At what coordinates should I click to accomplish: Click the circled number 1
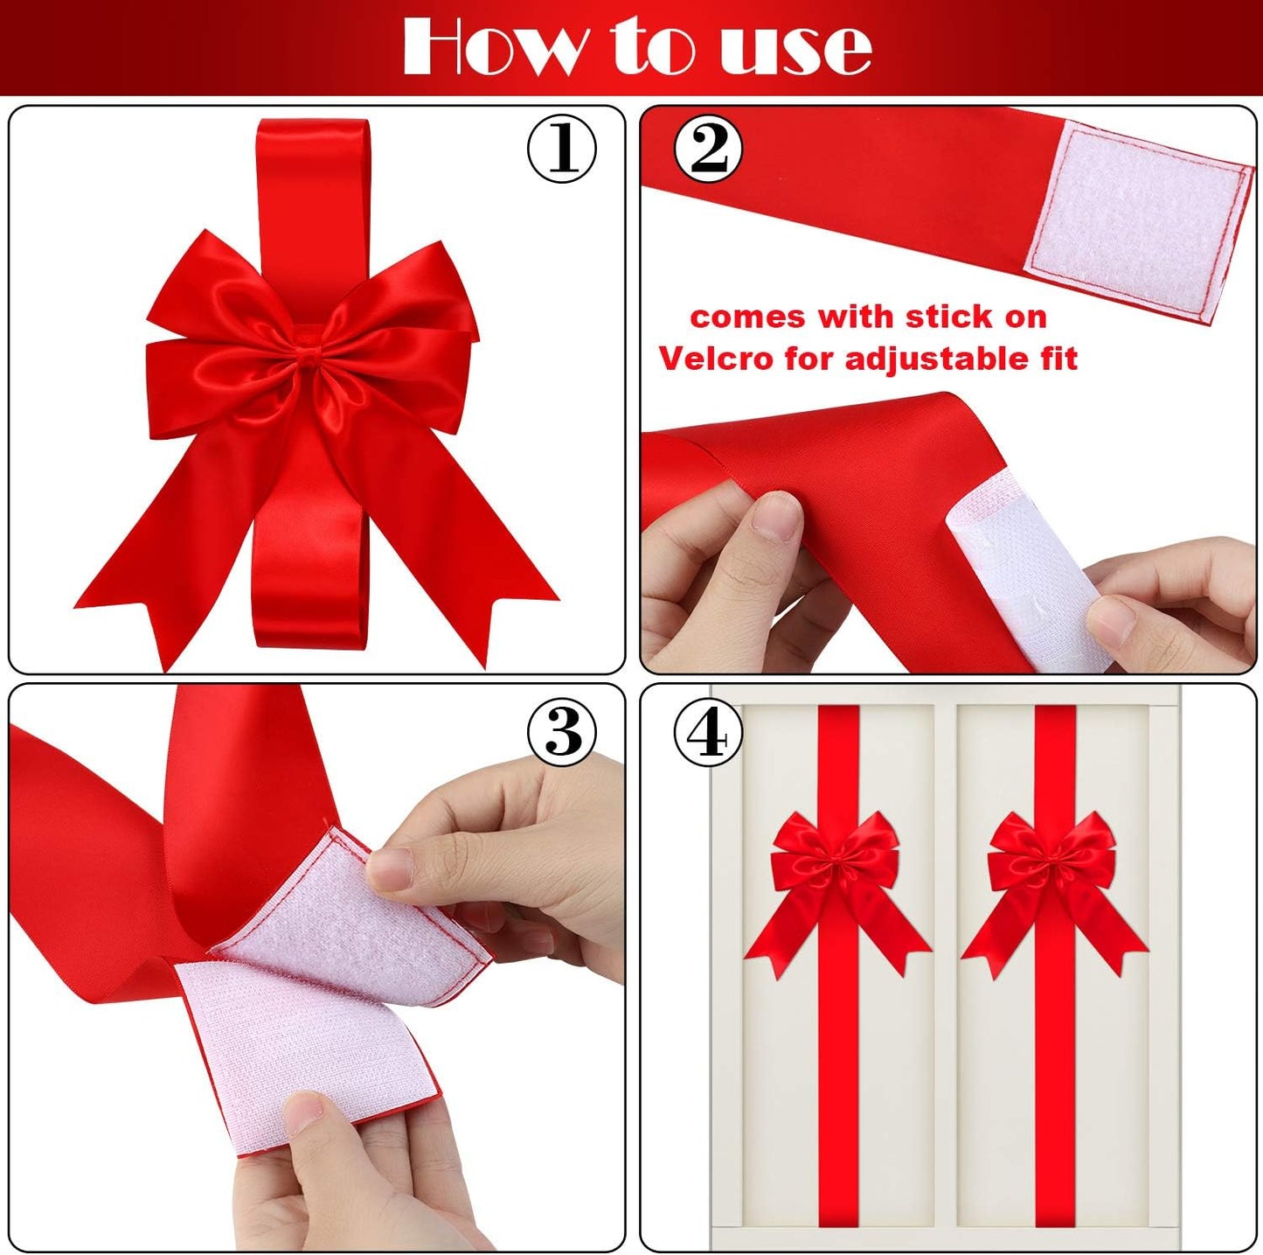(x=562, y=150)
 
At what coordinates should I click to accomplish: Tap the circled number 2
(x=708, y=150)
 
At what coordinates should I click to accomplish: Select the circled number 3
(x=562, y=731)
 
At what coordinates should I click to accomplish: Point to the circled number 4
(x=708, y=733)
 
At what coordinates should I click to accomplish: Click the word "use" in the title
(x=795, y=48)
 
